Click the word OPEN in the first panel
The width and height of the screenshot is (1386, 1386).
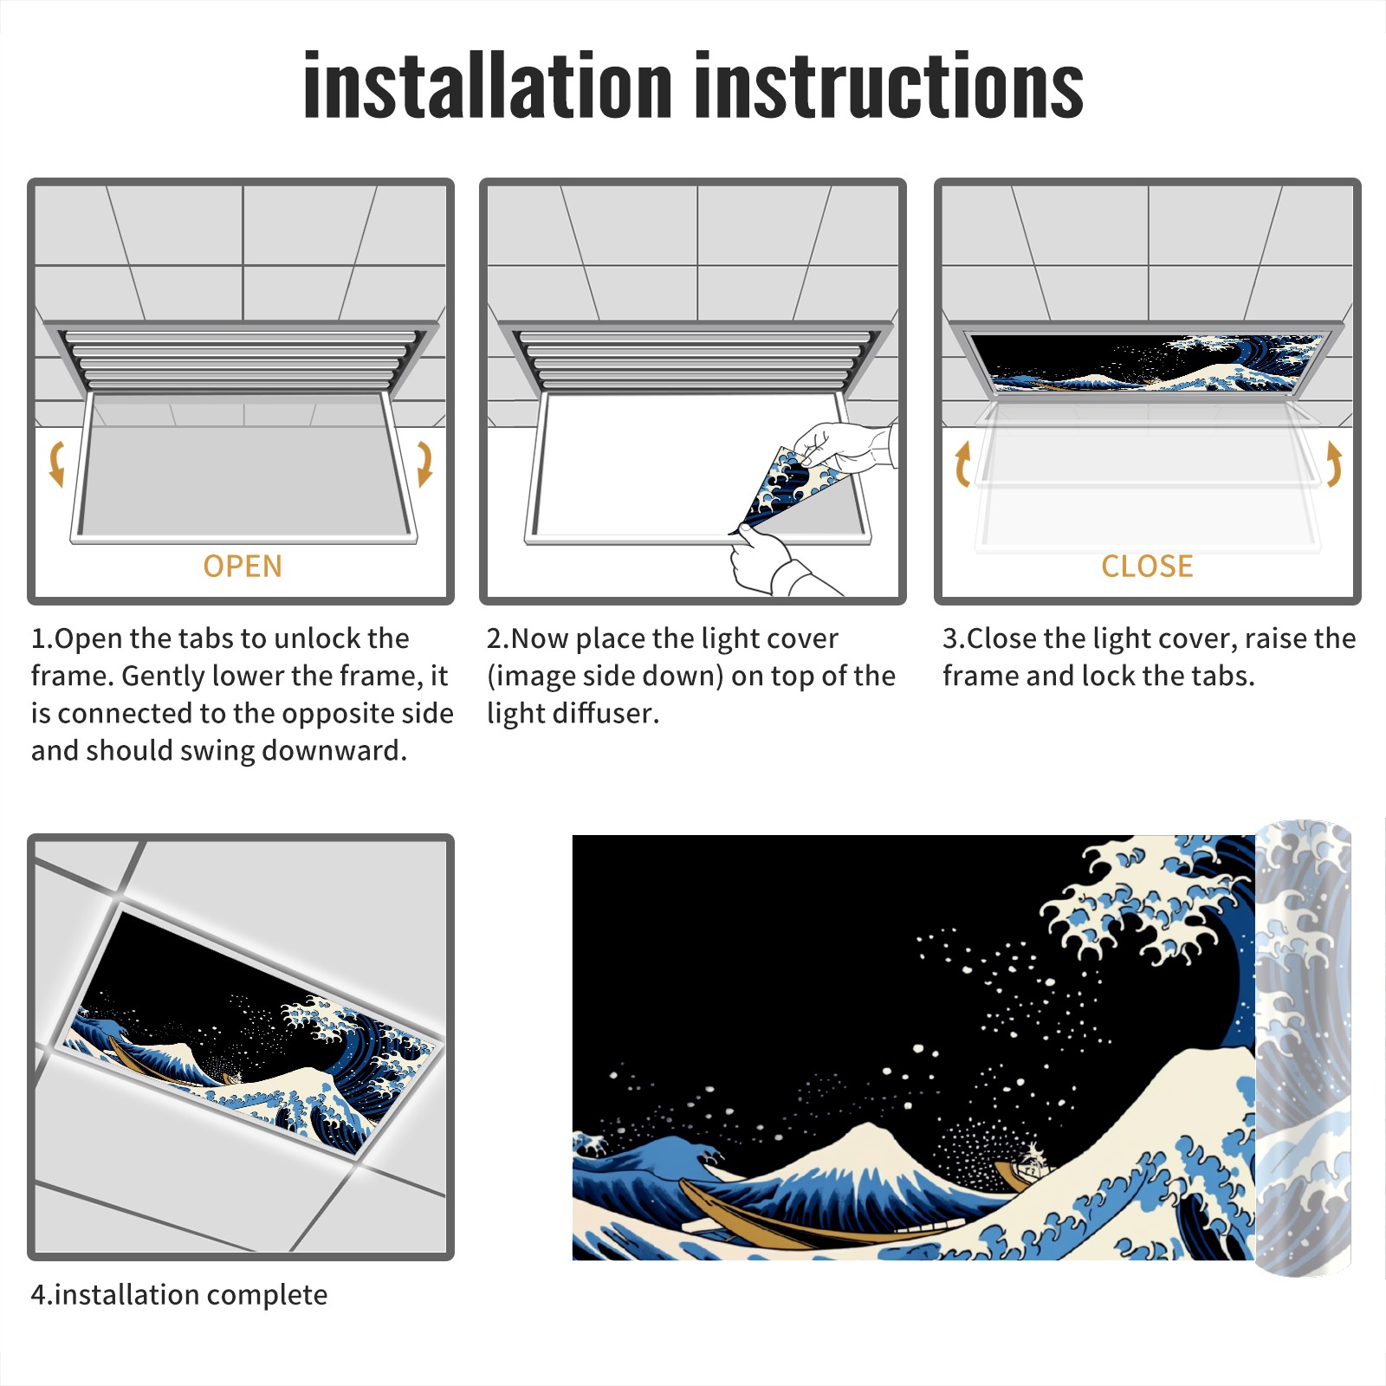click(243, 567)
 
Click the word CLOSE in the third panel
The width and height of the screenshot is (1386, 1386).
click(1147, 567)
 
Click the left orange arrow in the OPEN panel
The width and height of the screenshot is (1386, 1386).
click(57, 463)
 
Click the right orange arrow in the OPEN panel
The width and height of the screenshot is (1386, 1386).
click(424, 463)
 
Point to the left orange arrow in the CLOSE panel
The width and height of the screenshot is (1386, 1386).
click(962, 463)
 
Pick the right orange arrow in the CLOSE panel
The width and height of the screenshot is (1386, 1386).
click(1334, 463)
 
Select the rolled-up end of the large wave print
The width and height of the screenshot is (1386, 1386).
click(1303, 1048)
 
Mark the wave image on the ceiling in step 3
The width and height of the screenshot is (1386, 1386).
click(1149, 362)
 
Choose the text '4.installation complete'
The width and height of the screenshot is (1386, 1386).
click(179, 1294)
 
